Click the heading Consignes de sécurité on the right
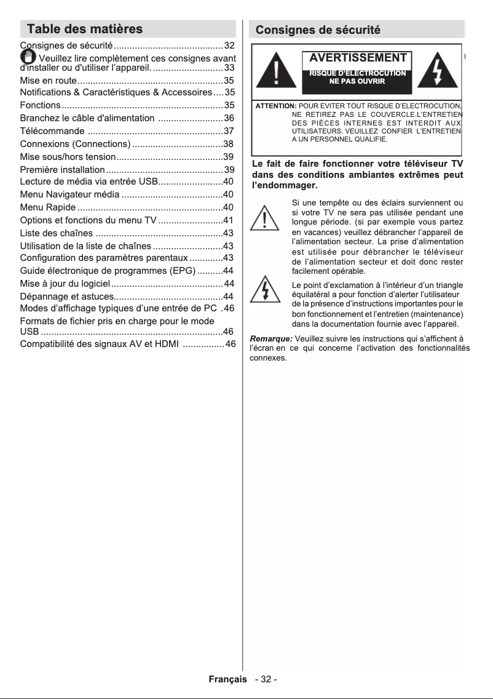[318, 30]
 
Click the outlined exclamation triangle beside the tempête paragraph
[266, 218]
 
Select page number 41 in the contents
[228, 220]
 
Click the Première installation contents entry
[62, 170]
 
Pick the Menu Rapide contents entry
[48, 207]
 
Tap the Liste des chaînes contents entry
[57, 233]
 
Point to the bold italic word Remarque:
[271, 338]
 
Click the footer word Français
[228, 679]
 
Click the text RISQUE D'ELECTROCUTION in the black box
[357, 73]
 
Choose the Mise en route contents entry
[48, 81]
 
